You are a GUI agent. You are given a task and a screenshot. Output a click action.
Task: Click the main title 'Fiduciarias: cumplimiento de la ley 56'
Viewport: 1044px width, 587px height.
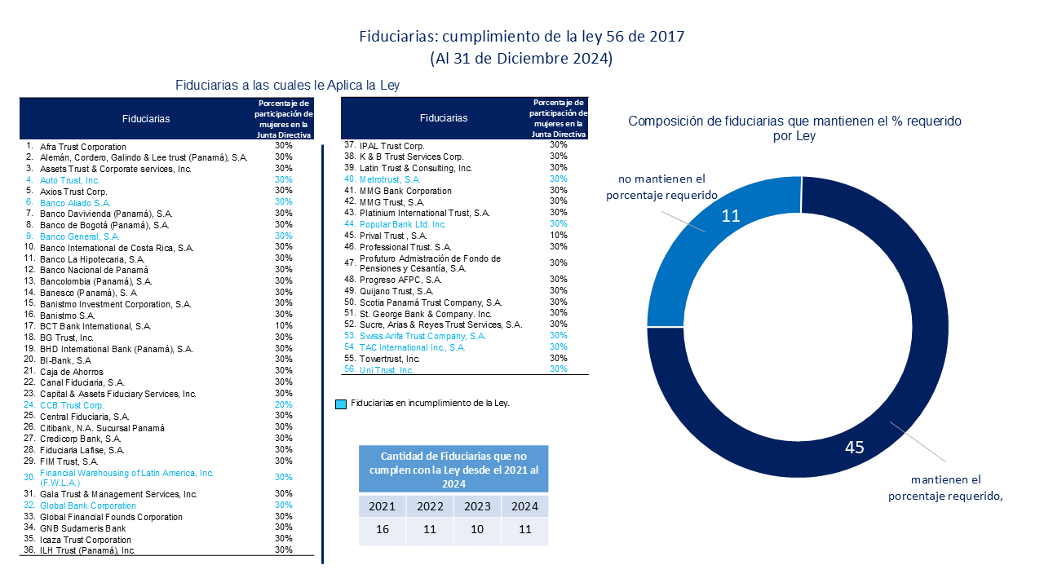(x=521, y=38)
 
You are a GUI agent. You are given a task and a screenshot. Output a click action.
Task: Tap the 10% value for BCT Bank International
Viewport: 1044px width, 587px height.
(x=284, y=326)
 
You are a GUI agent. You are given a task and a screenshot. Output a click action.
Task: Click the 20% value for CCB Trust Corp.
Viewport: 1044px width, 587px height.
(x=284, y=405)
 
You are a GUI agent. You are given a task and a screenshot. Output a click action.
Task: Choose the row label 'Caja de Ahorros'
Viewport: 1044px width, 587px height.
(x=72, y=372)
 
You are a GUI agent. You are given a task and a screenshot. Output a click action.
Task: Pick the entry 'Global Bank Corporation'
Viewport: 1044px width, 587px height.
(x=88, y=505)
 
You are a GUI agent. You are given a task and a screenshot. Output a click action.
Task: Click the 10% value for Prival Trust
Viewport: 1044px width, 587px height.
(x=559, y=235)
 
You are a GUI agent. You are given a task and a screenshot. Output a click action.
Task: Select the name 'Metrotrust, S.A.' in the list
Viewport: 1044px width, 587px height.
(x=390, y=179)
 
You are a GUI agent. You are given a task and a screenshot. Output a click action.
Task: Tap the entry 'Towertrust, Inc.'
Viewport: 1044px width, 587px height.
(x=390, y=358)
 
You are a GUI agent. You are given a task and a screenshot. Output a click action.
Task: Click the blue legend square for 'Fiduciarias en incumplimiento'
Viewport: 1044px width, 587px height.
(x=341, y=404)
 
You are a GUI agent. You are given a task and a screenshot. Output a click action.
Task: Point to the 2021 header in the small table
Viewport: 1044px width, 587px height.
(x=383, y=505)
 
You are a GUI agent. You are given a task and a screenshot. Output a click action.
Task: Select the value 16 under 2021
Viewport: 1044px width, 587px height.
(x=383, y=531)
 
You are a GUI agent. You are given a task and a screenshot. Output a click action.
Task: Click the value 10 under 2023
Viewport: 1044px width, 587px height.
(x=477, y=531)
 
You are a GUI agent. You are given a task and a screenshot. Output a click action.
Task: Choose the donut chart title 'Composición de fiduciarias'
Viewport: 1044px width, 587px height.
(x=794, y=128)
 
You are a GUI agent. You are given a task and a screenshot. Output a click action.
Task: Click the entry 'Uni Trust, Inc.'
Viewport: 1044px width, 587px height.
(x=387, y=370)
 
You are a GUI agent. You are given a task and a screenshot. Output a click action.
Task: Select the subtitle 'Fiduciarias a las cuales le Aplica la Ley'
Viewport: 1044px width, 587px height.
(x=287, y=85)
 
